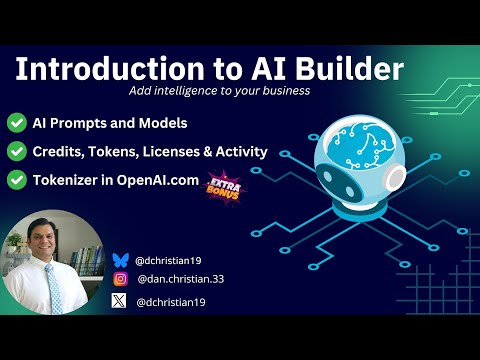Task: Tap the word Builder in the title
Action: (x=349, y=69)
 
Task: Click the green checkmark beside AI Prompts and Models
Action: (x=17, y=123)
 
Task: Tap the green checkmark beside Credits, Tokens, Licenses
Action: (x=17, y=152)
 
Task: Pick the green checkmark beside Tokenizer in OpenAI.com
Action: (x=17, y=181)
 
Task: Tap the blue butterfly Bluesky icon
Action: (x=121, y=259)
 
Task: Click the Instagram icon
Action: (x=121, y=279)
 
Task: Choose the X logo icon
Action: (x=121, y=300)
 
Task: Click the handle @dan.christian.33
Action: (x=180, y=279)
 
